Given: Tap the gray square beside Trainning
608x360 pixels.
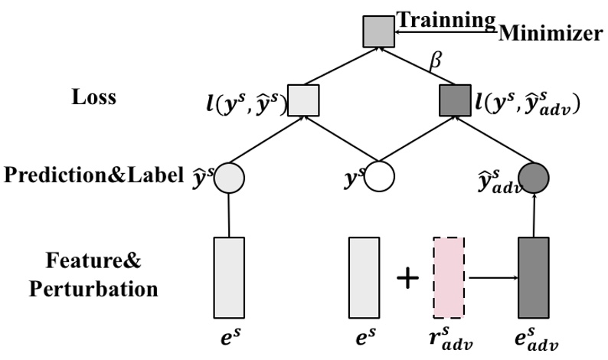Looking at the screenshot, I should (378, 31).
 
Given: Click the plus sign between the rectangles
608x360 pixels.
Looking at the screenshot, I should (407, 278).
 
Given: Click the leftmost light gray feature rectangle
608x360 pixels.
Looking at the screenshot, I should (229, 277).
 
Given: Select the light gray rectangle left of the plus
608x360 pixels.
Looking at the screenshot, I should (364, 277).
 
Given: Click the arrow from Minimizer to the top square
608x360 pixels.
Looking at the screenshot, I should (444, 31).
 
